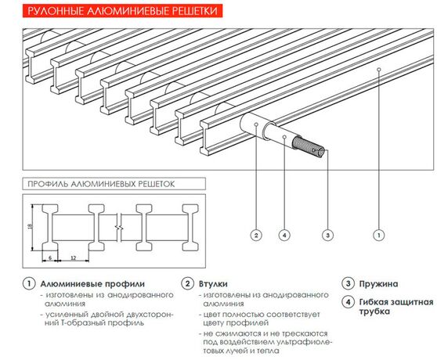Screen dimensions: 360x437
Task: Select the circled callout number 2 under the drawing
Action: coord(255,234)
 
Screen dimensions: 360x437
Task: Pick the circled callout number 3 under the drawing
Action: coord(327,234)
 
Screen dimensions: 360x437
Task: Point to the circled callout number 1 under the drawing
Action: coord(380,234)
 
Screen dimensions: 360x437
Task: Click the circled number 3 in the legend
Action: coord(348,283)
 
